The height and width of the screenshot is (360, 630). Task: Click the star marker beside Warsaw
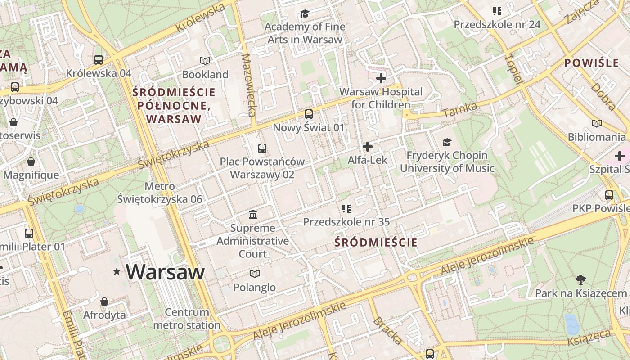tap(117, 271)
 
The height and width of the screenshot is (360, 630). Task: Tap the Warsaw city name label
tap(165, 272)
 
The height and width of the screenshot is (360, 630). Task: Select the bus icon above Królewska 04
tap(99, 59)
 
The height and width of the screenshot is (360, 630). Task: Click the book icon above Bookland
tap(205, 61)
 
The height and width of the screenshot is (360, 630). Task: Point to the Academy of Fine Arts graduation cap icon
tap(305, 13)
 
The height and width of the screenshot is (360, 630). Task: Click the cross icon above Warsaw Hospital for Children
tap(381, 78)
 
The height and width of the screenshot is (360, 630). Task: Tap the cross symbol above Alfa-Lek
tap(368, 147)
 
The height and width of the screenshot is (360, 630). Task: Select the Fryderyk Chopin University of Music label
tap(447, 162)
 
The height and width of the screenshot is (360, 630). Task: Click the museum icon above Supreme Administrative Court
tap(253, 214)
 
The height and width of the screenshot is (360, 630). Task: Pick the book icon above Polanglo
tap(255, 274)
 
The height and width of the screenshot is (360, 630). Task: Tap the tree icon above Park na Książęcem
tap(581, 280)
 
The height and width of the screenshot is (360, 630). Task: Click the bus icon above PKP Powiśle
tap(609, 195)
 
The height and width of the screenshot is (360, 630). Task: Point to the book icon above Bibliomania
tap(597, 123)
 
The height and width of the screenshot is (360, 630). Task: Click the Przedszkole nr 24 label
tap(497, 24)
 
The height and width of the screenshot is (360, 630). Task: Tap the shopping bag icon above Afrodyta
tap(104, 301)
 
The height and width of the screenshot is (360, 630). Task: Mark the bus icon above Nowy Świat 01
tap(308, 114)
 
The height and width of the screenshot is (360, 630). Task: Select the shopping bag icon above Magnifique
tap(31, 161)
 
